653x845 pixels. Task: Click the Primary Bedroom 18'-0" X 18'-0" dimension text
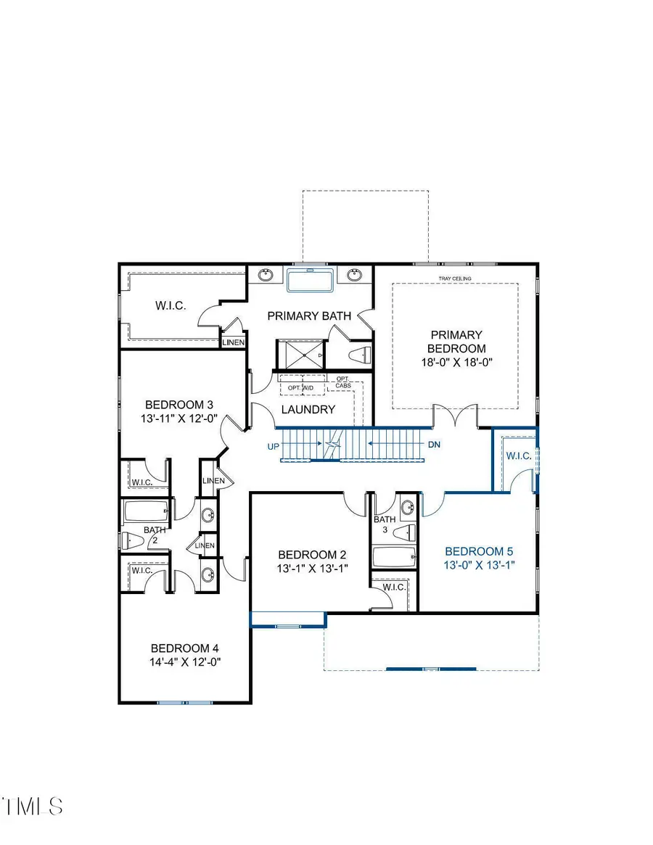coord(456,363)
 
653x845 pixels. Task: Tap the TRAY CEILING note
coord(456,279)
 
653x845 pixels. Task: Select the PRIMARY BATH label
coord(309,316)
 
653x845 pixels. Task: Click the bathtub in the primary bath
coord(310,280)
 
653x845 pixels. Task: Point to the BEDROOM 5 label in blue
coord(479,551)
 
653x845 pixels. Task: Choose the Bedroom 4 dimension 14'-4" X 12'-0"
coord(184,661)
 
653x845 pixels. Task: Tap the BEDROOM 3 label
coord(178,405)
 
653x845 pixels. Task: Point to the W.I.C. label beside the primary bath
coord(170,306)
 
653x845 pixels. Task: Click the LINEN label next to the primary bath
coord(234,342)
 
